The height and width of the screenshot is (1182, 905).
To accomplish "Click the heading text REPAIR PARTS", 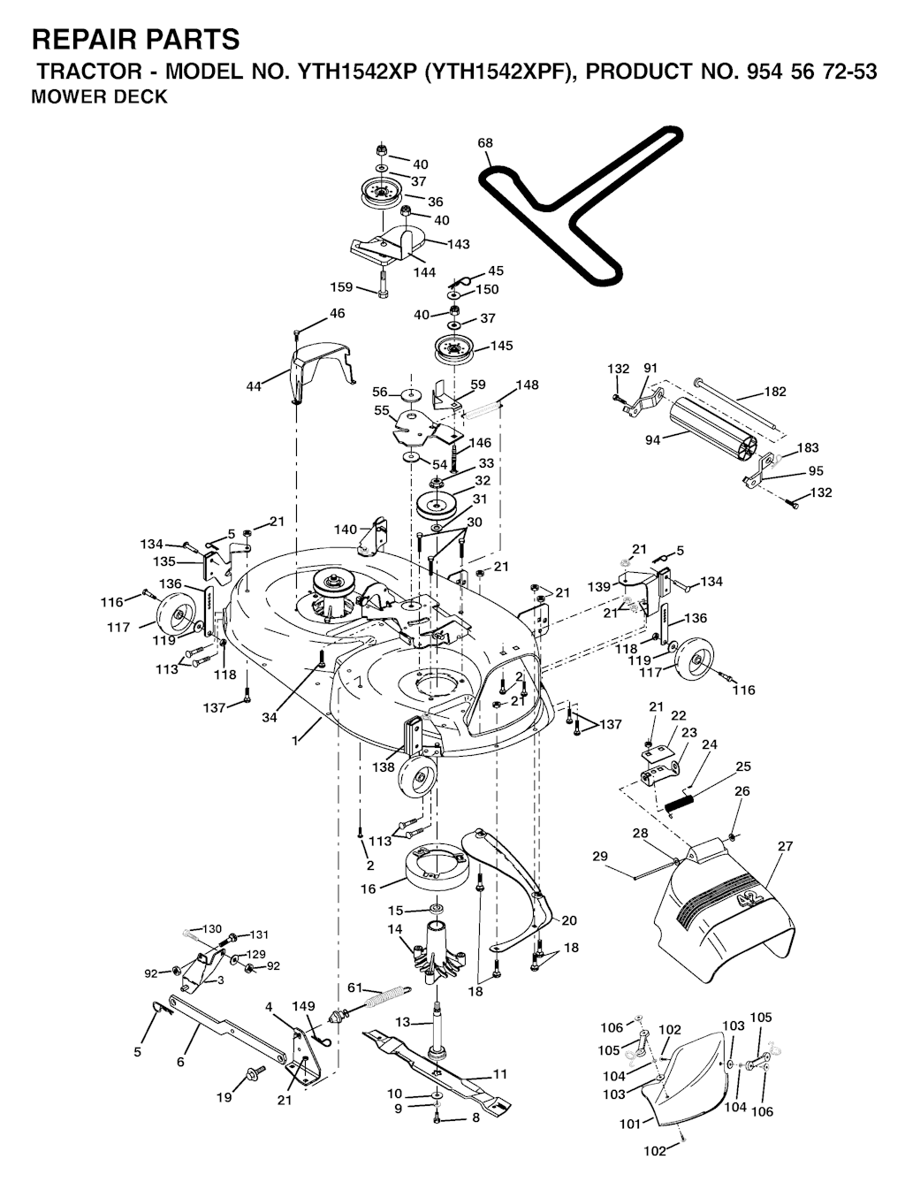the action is (135, 40).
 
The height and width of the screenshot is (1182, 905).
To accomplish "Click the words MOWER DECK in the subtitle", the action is (100, 96).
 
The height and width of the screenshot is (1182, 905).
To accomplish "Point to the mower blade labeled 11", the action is (437, 1074).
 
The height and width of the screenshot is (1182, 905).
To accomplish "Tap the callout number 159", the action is (342, 286).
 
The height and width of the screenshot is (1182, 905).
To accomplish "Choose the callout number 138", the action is (384, 766).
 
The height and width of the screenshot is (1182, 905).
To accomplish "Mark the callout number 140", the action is (346, 530).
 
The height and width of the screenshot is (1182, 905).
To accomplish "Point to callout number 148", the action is (527, 385).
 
